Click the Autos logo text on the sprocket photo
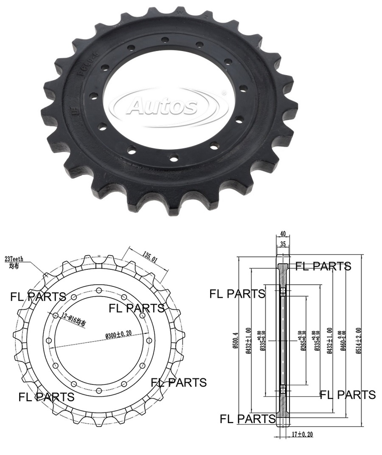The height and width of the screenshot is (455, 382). pyautogui.click(x=163, y=106)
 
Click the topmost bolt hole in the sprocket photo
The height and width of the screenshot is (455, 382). pyautogui.click(x=165, y=40)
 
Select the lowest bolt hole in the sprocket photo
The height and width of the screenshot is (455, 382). pyautogui.click(x=173, y=158)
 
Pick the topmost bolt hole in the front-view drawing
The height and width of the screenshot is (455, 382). pyautogui.click(x=98, y=290)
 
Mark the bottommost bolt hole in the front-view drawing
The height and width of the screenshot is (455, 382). pyautogui.click(x=98, y=390)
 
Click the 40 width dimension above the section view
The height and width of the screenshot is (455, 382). pyautogui.click(x=283, y=234)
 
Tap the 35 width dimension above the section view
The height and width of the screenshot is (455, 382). pyautogui.click(x=283, y=244)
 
